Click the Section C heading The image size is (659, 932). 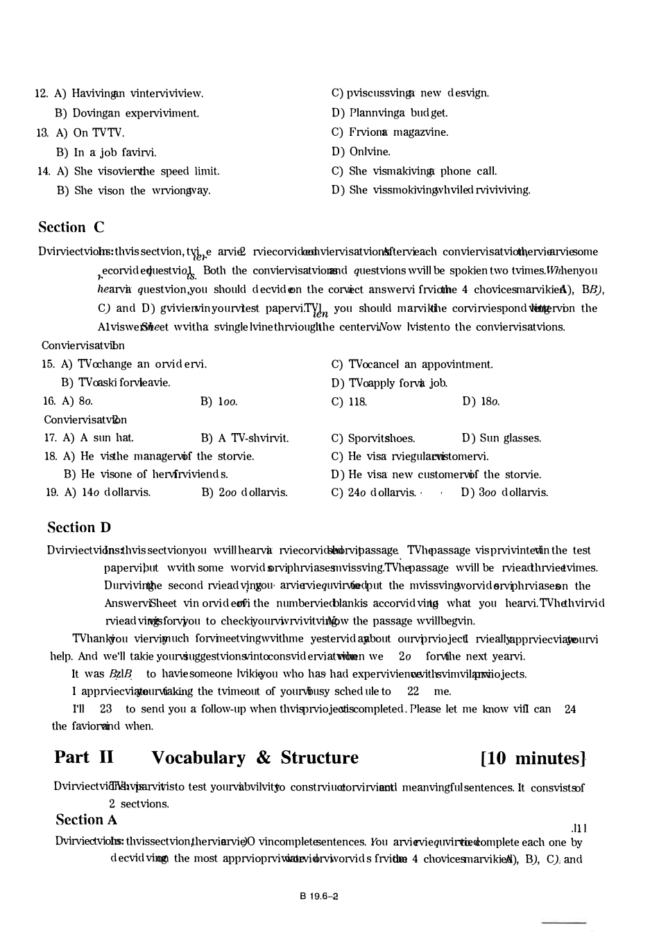tap(71, 227)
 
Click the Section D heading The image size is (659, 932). tap(79, 527)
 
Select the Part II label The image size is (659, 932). tap(84, 757)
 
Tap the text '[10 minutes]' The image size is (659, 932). tap(533, 758)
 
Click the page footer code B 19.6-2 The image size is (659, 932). tap(319, 896)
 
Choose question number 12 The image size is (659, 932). tap(41, 94)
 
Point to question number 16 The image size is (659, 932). tap(49, 401)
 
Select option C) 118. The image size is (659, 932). tap(349, 401)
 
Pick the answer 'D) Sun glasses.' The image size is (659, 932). tap(502, 438)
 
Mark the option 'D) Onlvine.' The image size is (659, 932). tap(361, 152)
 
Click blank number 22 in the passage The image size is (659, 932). tap(413, 691)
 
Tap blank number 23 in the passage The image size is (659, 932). tap(106, 708)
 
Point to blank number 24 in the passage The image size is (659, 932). tap(570, 708)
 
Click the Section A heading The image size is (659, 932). tap(87, 820)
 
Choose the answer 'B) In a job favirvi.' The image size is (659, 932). tap(106, 152)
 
